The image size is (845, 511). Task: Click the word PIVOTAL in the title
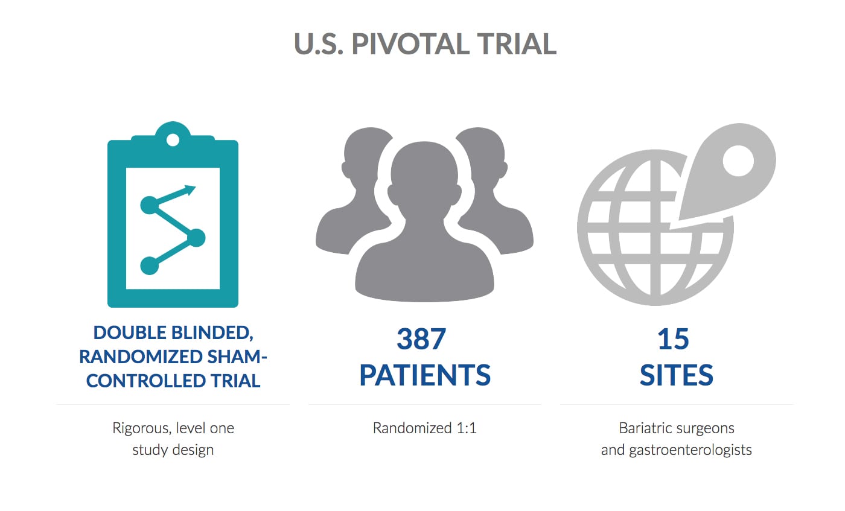point(410,44)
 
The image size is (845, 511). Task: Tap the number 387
point(421,338)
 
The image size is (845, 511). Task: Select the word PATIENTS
point(425,375)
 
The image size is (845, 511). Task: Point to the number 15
point(674,338)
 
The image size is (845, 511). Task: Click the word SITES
point(677,375)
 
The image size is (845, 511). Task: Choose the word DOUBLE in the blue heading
point(130,332)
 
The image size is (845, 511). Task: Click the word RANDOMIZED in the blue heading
point(141,357)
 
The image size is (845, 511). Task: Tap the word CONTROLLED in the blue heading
point(146,381)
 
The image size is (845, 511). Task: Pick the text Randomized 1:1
point(425,428)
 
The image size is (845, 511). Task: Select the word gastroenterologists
point(690,450)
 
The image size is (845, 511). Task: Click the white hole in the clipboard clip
point(173,140)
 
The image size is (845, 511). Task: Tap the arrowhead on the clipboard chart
point(189,189)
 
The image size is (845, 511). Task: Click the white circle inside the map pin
point(738,161)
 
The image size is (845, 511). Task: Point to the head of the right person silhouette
point(483,159)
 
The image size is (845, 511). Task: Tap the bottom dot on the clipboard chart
point(150,265)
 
